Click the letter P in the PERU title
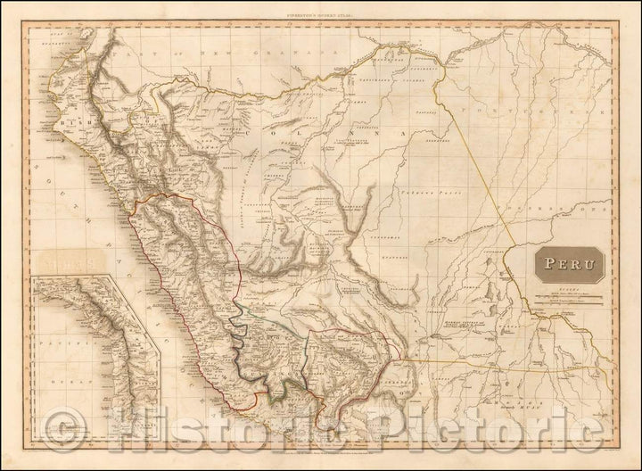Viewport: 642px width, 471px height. (543, 265)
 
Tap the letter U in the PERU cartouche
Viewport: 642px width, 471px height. (589, 265)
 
